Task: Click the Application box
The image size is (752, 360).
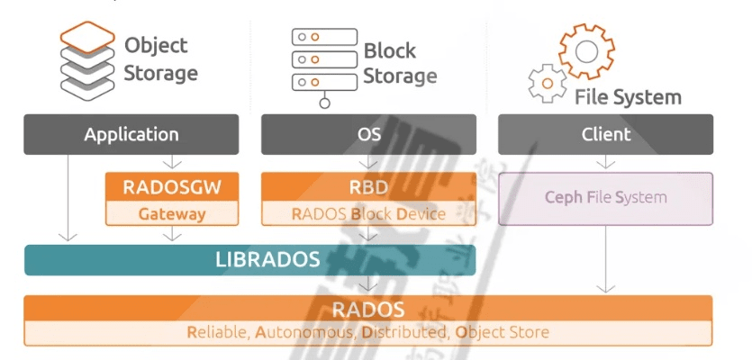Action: click(131, 135)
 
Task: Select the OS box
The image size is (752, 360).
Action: click(368, 135)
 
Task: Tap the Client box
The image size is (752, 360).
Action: click(605, 135)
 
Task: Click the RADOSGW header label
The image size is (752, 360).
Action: click(172, 186)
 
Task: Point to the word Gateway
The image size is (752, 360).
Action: click(172, 214)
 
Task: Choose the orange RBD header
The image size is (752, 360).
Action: click(368, 186)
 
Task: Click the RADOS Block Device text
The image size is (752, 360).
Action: click(368, 214)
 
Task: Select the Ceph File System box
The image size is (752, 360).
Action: click(605, 198)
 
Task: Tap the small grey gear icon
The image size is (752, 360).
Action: click(546, 84)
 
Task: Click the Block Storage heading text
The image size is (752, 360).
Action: click(400, 64)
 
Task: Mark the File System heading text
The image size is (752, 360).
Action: click(628, 96)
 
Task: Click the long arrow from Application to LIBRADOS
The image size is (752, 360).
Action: click(67, 198)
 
